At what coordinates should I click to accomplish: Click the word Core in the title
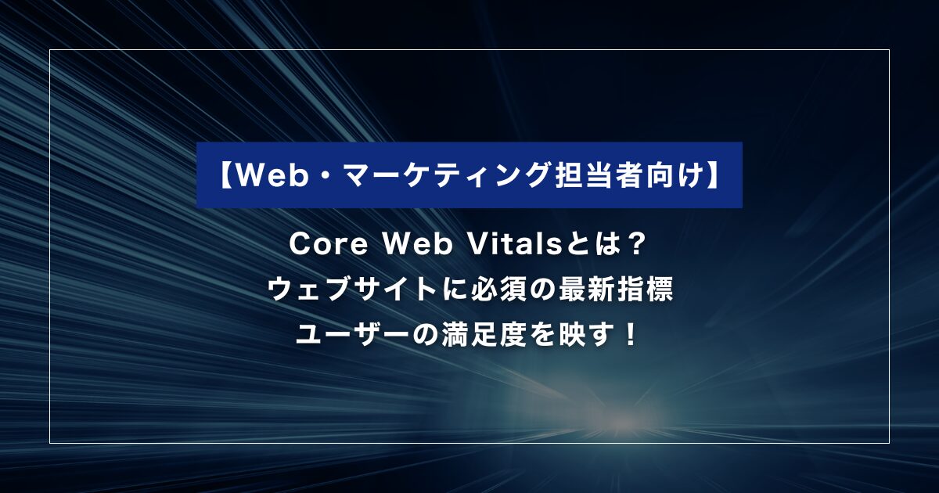pyautogui.click(x=328, y=244)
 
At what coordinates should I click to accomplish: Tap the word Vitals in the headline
pyautogui.click(x=513, y=244)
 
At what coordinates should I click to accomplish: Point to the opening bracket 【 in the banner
pyautogui.click(x=225, y=175)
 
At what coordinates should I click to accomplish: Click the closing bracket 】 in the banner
pyautogui.click(x=714, y=175)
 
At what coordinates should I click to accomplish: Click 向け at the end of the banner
pyautogui.click(x=676, y=175)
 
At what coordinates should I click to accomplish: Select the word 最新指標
pyautogui.click(x=615, y=290)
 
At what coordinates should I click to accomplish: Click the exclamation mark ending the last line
pyautogui.click(x=630, y=335)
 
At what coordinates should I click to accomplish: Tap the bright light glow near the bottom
pyautogui.click(x=621, y=426)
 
